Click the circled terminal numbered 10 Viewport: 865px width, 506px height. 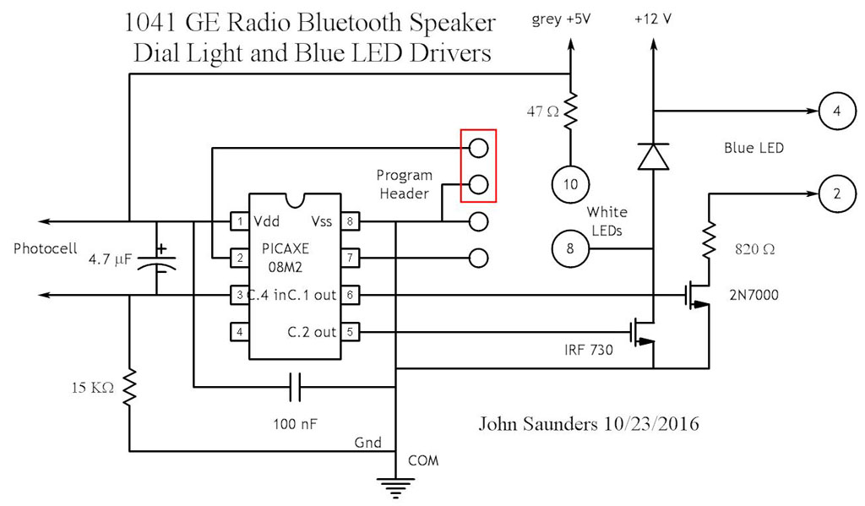point(569,182)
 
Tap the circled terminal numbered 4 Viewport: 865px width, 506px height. point(835,111)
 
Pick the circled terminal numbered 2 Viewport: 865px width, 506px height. point(835,193)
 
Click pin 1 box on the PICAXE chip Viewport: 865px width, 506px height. point(239,222)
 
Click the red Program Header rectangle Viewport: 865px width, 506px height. point(478,166)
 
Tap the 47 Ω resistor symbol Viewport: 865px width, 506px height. point(572,110)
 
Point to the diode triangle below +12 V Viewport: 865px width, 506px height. point(652,155)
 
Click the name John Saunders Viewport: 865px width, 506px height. point(533,423)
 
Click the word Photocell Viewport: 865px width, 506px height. point(44,249)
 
